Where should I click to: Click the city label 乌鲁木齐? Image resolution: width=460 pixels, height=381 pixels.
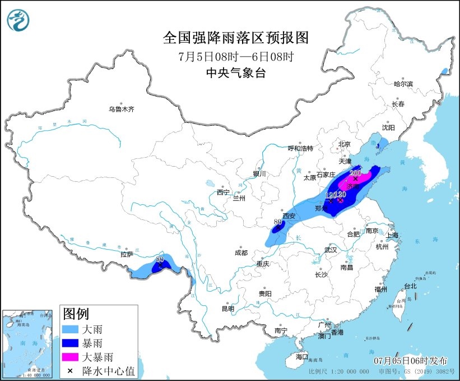[122, 109]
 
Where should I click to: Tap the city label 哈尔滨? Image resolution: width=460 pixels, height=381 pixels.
[403, 84]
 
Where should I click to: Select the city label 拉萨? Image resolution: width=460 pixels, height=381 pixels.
[127, 254]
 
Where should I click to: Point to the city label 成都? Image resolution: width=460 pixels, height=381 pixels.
[241, 253]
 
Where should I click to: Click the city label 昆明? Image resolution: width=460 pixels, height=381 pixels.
[227, 308]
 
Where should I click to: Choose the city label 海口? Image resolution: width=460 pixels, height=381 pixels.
[302, 356]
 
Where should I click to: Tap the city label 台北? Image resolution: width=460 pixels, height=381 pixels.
[410, 286]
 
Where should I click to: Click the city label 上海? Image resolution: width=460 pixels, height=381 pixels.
[392, 235]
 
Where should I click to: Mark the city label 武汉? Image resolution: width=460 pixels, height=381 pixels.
[331, 249]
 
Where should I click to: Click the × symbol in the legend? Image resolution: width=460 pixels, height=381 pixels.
[71, 370]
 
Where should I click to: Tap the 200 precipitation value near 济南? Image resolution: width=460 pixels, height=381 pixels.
[355, 173]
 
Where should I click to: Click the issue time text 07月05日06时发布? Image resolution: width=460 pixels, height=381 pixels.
[406, 359]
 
